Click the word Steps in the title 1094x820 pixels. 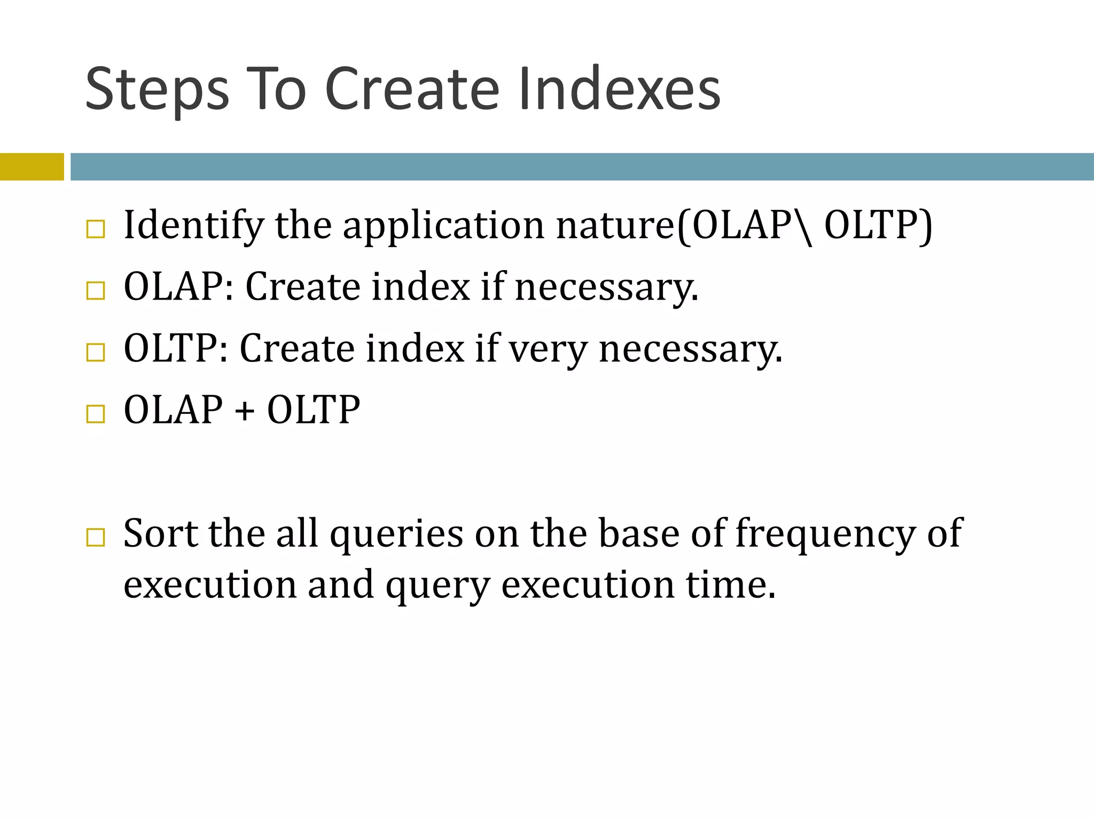pyautogui.click(x=157, y=90)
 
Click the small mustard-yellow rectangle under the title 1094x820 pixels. pyautogui.click(x=32, y=167)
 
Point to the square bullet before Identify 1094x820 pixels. pyautogui.click(x=96, y=230)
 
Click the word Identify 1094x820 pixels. pyautogui.click(x=193, y=225)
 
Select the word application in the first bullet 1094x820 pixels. pyautogui.click(x=443, y=225)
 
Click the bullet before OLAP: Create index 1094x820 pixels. pyautogui.click(x=96, y=291)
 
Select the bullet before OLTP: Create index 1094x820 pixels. pyautogui.click(x=96, y=352)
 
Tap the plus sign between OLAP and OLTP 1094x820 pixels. pyautogui.click(x=244, y=412)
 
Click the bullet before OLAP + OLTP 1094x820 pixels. pyautogui.click(x=96, y=414)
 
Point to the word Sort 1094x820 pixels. pyautogui.click(x=160, y=533)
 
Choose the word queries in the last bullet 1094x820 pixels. pyautogui.click(x=396, y=534)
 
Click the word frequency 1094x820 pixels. pyautogui.click(x=825, y=534)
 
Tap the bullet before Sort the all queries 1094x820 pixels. pyautogui.click(x=96, y=537)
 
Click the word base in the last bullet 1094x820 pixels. pyautogui.click(x=638, y=533)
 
